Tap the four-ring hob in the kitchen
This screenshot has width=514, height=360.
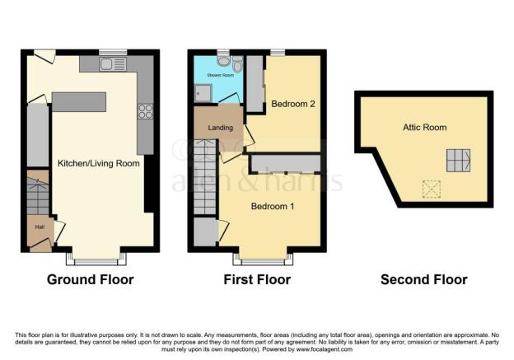click(146, 111)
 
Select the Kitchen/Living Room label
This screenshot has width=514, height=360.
click(98, 163)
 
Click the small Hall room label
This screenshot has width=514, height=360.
click(39, 227)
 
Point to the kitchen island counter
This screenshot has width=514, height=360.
click(79, 101)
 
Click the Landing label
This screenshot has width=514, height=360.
click(220, 128)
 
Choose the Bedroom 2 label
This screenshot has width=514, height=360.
click(288, 105)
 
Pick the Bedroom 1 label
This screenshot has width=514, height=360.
click(273, 204)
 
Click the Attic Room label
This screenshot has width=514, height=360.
click(425, 128)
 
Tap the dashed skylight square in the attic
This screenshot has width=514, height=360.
click(430, 189)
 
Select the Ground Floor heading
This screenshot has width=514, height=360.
click(90, 280)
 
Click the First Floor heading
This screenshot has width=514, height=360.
click(257, 280)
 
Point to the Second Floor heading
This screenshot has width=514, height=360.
click(423, 280)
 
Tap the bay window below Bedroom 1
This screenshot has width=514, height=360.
click(265, 260)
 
